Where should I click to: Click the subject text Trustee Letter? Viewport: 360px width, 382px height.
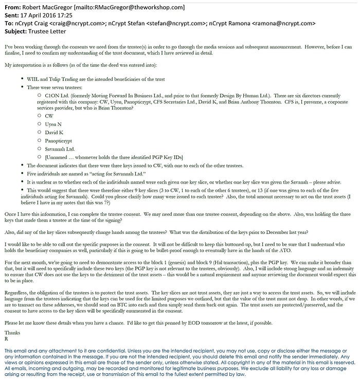55,32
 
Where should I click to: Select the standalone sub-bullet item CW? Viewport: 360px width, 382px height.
50,116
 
